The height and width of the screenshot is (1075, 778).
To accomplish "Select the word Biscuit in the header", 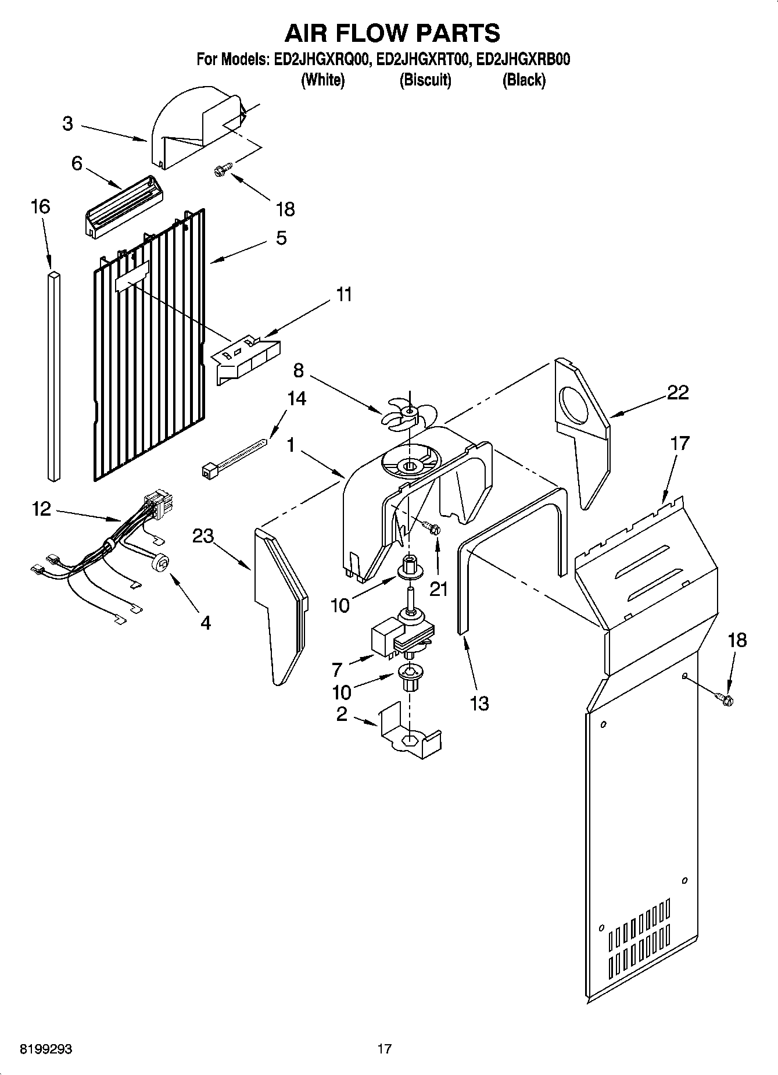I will [x=425, y=80].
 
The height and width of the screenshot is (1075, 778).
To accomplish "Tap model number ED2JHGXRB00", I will [x=522, y=60].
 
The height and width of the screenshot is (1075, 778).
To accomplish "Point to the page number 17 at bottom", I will [x=384, y=1049].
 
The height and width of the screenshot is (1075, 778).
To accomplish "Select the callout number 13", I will [x=479, y=703].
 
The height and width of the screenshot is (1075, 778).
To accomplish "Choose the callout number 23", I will [x=203, y=536].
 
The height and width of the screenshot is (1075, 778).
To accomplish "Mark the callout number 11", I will [x=344, y=295].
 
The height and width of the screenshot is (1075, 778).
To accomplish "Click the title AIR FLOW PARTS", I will [x=392, y=33].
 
